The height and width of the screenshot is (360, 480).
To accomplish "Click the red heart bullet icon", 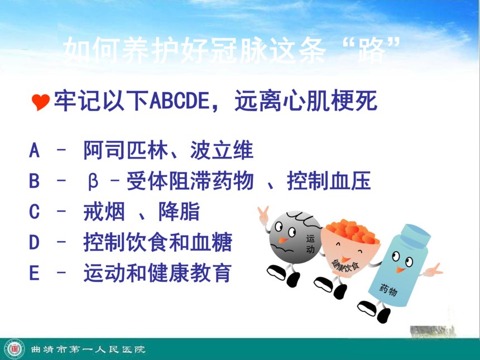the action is (40, 102).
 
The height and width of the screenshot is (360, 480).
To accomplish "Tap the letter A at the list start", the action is (34, 150).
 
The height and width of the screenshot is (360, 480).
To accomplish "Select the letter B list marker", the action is (34, 181).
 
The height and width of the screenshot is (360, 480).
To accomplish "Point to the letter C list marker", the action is (34, 212).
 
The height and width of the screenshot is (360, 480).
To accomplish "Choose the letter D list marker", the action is (34, 242).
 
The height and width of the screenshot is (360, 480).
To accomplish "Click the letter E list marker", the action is (34, 273).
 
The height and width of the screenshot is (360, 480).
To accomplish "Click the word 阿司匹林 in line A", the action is (126, 150).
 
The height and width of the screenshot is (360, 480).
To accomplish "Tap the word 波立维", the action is (222, 150).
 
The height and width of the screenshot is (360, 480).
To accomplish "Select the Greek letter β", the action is (93, 181).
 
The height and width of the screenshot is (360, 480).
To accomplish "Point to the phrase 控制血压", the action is (329, 181).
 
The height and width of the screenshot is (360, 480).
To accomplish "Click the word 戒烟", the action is (104, 212).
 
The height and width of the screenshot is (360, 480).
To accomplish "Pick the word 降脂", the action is (179, 212).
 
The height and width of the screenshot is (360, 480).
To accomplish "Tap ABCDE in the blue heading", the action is (179, 101).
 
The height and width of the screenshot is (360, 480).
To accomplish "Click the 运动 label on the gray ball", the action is (310, 244).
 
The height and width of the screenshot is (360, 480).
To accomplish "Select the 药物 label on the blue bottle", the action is (388, 289).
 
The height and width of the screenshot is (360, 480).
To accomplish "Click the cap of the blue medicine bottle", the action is (415, 235).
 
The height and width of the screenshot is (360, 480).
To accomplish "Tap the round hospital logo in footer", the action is (14, 349).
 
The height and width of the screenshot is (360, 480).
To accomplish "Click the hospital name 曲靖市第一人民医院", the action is (88, 349).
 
